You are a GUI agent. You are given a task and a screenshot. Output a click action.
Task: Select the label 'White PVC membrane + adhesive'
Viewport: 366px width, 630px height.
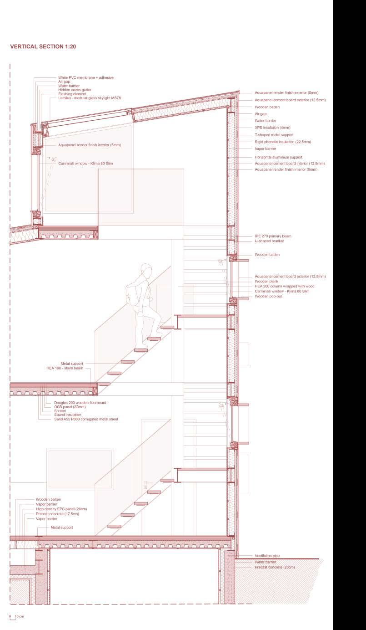[x=85, y=78]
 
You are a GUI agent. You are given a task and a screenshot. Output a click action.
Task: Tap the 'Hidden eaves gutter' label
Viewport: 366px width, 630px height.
[x=74, y=90]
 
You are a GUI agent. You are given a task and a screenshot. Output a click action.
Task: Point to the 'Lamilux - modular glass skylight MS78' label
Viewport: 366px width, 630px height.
[x=89, y=98]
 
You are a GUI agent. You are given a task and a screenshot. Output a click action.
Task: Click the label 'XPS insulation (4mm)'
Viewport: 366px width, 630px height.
[x=272, y=128]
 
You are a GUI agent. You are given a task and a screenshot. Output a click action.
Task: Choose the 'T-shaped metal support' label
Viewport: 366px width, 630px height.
[x=274, y=135]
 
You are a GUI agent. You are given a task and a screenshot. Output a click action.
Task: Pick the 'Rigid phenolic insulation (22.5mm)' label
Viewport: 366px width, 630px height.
[x=282, y=142]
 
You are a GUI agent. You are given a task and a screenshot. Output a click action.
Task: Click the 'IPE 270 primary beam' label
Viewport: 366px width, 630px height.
[x=273, y=236]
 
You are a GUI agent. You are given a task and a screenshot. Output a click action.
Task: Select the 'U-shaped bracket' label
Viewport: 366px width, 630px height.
[x=269, y=241]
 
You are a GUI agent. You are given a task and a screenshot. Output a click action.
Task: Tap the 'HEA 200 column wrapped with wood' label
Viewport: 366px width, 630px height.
[x=284, y=286]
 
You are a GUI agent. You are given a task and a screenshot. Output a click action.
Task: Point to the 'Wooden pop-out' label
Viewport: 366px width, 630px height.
[x=268, y=296]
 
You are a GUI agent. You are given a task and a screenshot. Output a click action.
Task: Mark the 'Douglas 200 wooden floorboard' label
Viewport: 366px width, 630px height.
[x=80, y=403]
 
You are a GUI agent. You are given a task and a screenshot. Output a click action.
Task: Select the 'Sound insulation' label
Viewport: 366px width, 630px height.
[x=68, y=415]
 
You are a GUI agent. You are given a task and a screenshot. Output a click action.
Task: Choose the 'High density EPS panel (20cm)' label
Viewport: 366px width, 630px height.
[x=61, y=509]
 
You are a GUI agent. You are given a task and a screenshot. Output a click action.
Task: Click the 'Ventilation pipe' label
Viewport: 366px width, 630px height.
[x=267, y=556]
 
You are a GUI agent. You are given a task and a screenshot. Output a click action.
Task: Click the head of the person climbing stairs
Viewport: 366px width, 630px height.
[x=145, y=271]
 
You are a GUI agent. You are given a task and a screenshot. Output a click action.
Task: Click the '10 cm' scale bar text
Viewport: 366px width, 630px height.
[x=19, y=617]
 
